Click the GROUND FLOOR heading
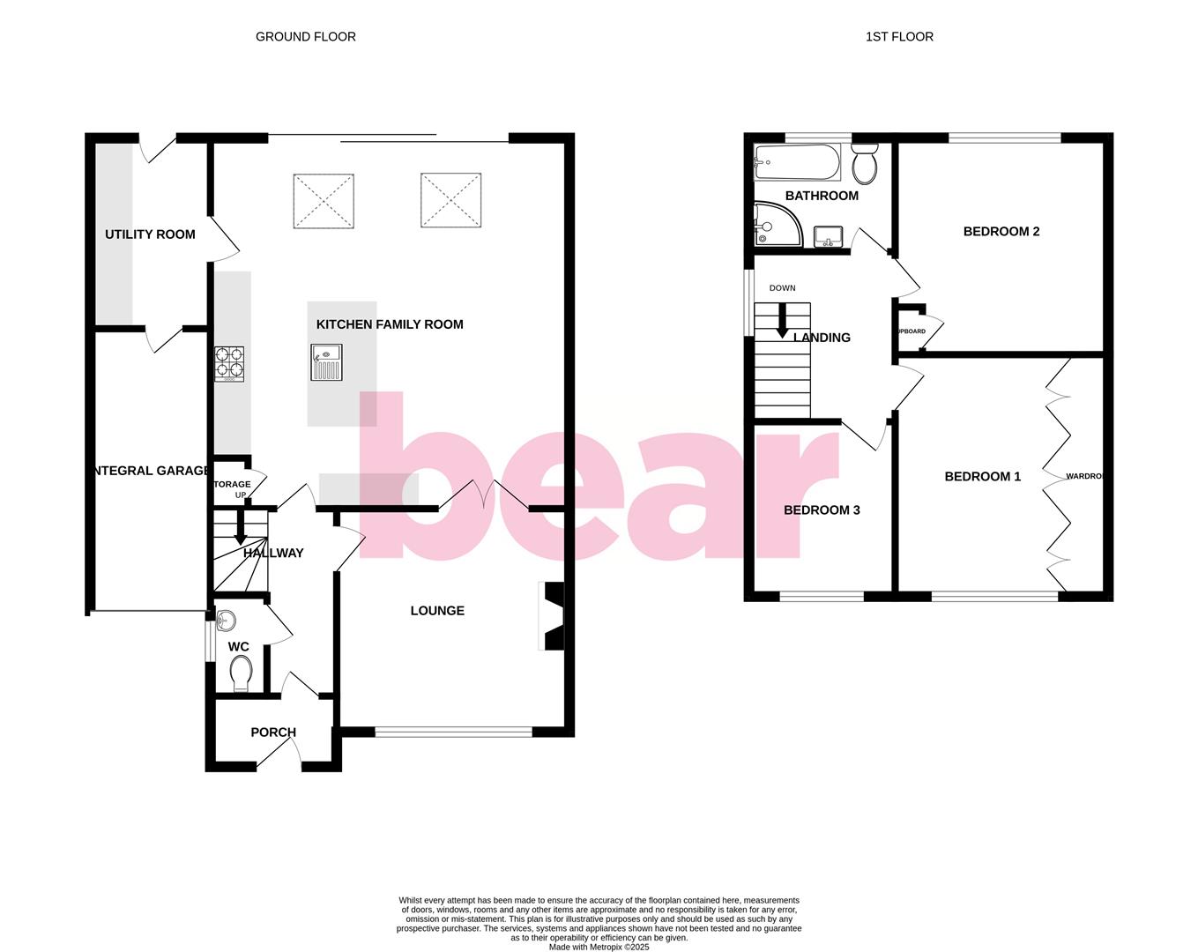(x=305, y=37)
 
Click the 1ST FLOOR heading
(x=899, y=37)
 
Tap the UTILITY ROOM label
(x=150, y=234)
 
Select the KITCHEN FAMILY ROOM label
(x=390, y=324)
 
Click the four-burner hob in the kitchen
(x=229, y=363)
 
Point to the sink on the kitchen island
(x=325, y=362)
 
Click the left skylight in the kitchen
(x=324, y=201)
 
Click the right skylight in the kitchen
(x=450, y=199)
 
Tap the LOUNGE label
(x=437, y=611)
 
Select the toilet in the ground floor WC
(x=240, y=675)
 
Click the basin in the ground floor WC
(x=225, y=620)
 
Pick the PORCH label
(x=273, y=733)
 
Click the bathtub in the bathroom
(x=797, y=162)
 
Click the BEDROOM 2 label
(x=1001, y=232)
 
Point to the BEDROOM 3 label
(x=822, y=510)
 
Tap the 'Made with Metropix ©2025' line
(x=599, y=948)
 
